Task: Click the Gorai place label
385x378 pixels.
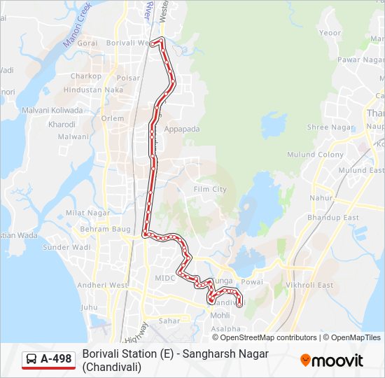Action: coord(87,43)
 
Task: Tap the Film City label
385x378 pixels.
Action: coord(210,189)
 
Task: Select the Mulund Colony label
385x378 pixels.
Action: coord(316,155)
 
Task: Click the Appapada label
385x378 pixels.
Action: coord(182,129)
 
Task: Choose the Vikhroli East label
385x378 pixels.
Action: coord(310,285)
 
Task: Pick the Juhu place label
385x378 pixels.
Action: coord(90,307)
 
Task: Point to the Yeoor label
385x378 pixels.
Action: coord(330,33)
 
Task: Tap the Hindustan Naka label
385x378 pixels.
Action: coord(93,90)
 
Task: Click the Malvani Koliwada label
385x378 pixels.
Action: coord(52,110)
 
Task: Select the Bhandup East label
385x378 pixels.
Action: coord(332,218)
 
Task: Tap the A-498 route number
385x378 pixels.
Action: coord(56,359)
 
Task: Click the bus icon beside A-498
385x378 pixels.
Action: coord(31,360)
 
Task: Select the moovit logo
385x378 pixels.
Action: coord(332,360)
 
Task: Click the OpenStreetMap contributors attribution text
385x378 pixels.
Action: coord(258,337)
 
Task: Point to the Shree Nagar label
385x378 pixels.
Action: coord(330,127)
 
